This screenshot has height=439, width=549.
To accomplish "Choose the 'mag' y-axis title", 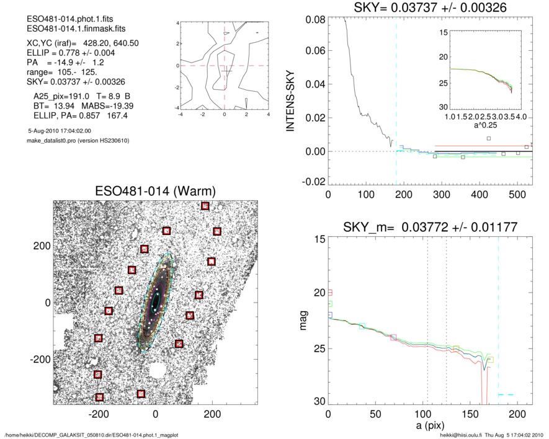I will (x=304, y=321).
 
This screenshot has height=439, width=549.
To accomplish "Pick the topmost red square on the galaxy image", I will (x=205, y=206).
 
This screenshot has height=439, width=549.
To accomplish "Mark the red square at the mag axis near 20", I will (x=331, y=292).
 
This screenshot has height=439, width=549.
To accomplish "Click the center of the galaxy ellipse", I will (x=155, y=301).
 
